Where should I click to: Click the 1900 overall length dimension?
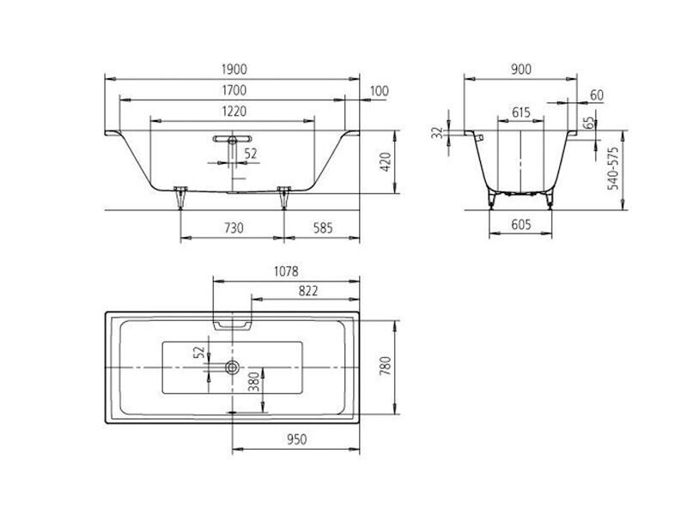tap(234, 70)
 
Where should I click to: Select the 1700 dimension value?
tap(234, 91)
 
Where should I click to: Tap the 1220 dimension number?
tap(234, 112)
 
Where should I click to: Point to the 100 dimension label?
tap(380, 91)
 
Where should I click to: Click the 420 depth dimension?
tap(385, 162)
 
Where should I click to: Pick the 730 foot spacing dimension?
tap(234, 228)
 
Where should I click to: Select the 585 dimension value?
tap(324, 228)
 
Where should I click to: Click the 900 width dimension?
tap(521, 70)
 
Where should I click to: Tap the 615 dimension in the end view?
tap(521, 112)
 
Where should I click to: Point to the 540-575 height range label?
tap(613, 168)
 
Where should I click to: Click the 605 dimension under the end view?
tap(521, 225)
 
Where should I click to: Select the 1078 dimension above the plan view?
tap(286, 271)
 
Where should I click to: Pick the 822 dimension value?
tap(308, 291)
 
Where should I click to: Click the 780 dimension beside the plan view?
tap(385, 367)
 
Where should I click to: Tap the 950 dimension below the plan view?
tap(296, 439)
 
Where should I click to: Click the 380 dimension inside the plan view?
tap(254, 382)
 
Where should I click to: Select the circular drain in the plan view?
tap(232, 367)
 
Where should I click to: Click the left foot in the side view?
tap(180, 197)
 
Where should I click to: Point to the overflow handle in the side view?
tap(232, 139)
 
